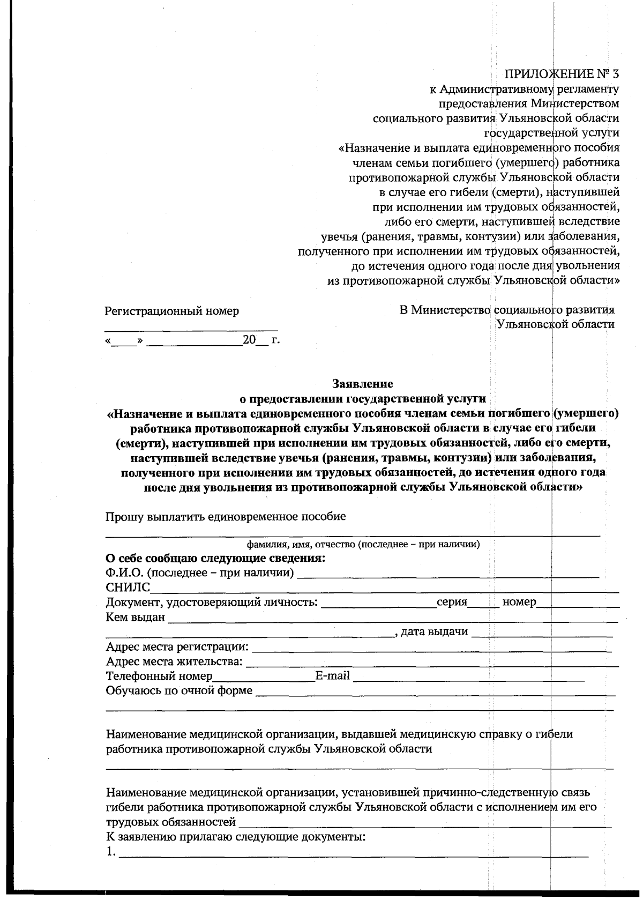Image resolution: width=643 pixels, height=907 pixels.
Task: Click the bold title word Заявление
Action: (x=363, y=384)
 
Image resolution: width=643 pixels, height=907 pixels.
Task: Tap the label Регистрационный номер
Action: (x=171, y=311)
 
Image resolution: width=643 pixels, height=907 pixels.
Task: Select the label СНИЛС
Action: (x=128, y=588)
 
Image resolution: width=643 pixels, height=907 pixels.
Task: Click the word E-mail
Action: (x=332, y=675)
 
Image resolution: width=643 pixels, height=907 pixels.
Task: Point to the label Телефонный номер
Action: (x=159, y=676)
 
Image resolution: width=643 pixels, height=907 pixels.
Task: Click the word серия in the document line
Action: (x=452, y=602)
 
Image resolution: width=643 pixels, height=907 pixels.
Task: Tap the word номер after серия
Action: (x=519, y=602)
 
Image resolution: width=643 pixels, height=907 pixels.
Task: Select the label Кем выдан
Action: (x=136, y=617)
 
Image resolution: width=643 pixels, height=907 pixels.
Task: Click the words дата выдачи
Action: (x=435, y=631)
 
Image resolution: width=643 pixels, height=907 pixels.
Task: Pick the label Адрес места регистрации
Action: (x=177, y=646)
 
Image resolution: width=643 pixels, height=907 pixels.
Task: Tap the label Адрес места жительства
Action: (x=174, y=661)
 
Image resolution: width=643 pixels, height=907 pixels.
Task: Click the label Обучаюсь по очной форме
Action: (x=179, y=690)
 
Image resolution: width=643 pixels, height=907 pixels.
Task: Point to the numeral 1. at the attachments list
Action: (x=110, y=852)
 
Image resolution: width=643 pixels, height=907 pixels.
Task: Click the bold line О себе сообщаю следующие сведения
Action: (x=215, y=558)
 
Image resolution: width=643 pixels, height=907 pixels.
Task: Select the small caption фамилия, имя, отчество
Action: (x=363, y=545)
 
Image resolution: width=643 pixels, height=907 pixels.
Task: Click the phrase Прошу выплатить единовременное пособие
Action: (x=226, y=517)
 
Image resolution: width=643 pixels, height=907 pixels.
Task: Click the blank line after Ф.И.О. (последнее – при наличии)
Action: (x=447, y=575)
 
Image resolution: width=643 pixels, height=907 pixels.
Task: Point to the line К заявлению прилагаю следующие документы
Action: (x=235, y=837)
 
